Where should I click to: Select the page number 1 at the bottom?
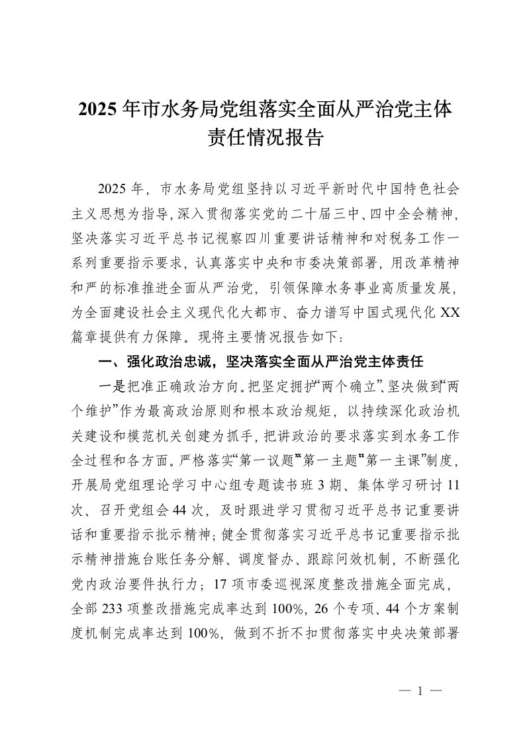coord(420,689)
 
